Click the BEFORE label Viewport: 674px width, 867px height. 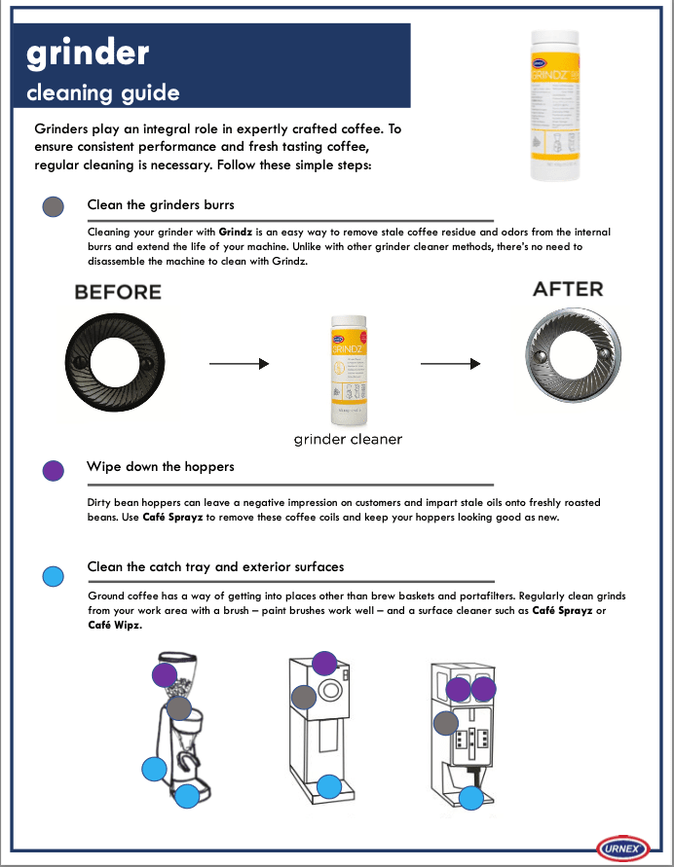(x=118, y=292)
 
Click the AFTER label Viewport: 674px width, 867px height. (x=568, y=289)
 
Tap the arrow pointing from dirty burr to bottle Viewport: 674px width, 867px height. (x=239, y=364)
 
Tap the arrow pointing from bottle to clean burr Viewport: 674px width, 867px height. (x=450, y=364)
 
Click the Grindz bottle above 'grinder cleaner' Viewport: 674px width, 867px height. (x=347, y=371)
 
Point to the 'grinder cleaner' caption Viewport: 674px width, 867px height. (x=348, y=440)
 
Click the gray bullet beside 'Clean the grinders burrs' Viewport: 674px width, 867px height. (x=54, y=205)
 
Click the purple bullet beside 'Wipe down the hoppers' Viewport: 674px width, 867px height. (x=54, y=469)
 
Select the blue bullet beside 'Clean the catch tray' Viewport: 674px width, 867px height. (x=54, y=573)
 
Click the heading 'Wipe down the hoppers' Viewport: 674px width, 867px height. (x=160, y=467)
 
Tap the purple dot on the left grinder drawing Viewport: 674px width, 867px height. (x=165, y=674)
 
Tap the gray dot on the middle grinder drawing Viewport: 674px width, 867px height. (x=304, y=697)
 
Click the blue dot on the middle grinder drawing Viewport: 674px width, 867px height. (x=329, y=785)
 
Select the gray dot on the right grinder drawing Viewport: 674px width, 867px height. (x=446, y=723)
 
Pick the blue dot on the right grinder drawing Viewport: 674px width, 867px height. (x=471, y=798)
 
